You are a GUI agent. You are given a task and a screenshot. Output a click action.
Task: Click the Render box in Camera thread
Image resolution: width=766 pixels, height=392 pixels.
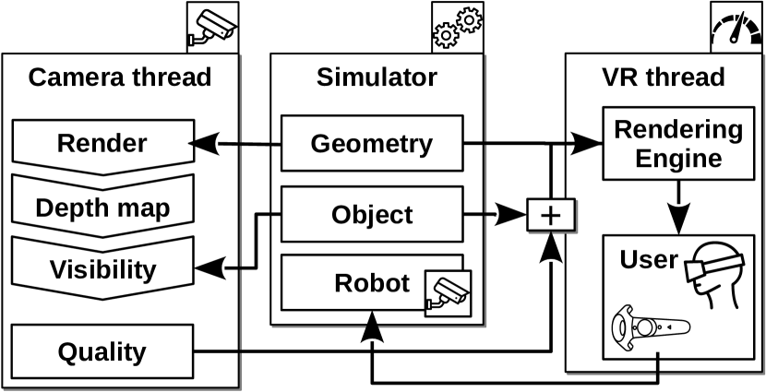tap(102, 144)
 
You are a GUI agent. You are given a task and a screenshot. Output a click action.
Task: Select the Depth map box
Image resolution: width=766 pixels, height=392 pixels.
tap(102, 208)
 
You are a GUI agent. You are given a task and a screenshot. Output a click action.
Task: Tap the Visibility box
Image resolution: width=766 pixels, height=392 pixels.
tap(102, 270)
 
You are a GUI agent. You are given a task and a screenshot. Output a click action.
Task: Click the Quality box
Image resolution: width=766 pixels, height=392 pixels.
tap(102, 351)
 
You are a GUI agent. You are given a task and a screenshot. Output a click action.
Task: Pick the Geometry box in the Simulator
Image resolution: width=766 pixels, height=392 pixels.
tap(371, 144)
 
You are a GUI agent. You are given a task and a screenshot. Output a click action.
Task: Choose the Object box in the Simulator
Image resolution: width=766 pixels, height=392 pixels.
tap(371, 215)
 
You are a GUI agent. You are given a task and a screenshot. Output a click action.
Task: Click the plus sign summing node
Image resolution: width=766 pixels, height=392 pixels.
tap(550, 216)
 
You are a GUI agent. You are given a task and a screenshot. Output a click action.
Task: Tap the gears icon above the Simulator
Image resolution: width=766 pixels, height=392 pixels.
tap(457, 28)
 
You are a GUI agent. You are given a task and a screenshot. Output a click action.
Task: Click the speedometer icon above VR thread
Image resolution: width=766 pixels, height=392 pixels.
tap(736, 28)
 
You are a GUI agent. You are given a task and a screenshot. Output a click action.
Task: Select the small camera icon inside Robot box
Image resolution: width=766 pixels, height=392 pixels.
tap(447, 293)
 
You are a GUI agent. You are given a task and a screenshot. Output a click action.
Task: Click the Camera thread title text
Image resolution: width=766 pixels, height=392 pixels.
tap(120, 77)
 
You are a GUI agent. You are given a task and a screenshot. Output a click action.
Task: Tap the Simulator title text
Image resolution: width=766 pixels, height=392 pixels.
tap(377, 77)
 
